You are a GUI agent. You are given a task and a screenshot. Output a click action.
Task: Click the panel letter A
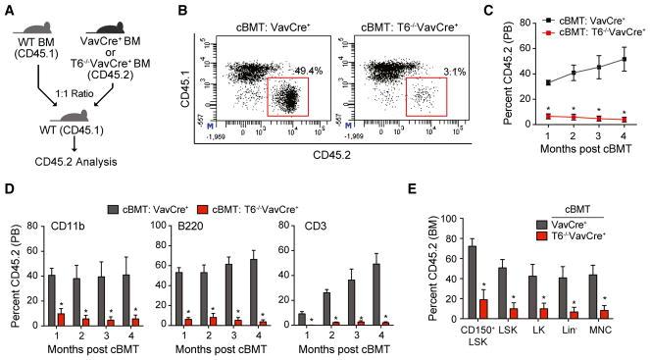pyautogui.click(x=8, y=9)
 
